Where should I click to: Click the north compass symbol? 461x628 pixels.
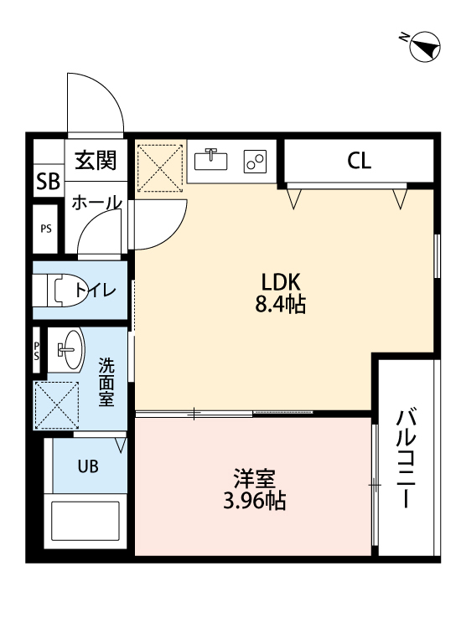point(423,45)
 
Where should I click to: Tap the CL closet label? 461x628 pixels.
point(360,161)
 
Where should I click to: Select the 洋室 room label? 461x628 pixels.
point(255,480)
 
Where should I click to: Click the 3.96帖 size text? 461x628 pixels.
point(255,502)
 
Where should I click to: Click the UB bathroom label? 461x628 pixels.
point(87,467)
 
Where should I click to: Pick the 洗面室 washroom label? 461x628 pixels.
point(106,382)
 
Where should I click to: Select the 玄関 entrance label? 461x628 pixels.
point(96,161)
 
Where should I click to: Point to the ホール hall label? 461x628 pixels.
point(96,203)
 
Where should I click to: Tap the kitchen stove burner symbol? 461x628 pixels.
point(256,160)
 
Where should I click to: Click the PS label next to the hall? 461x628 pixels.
point(45,228)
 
